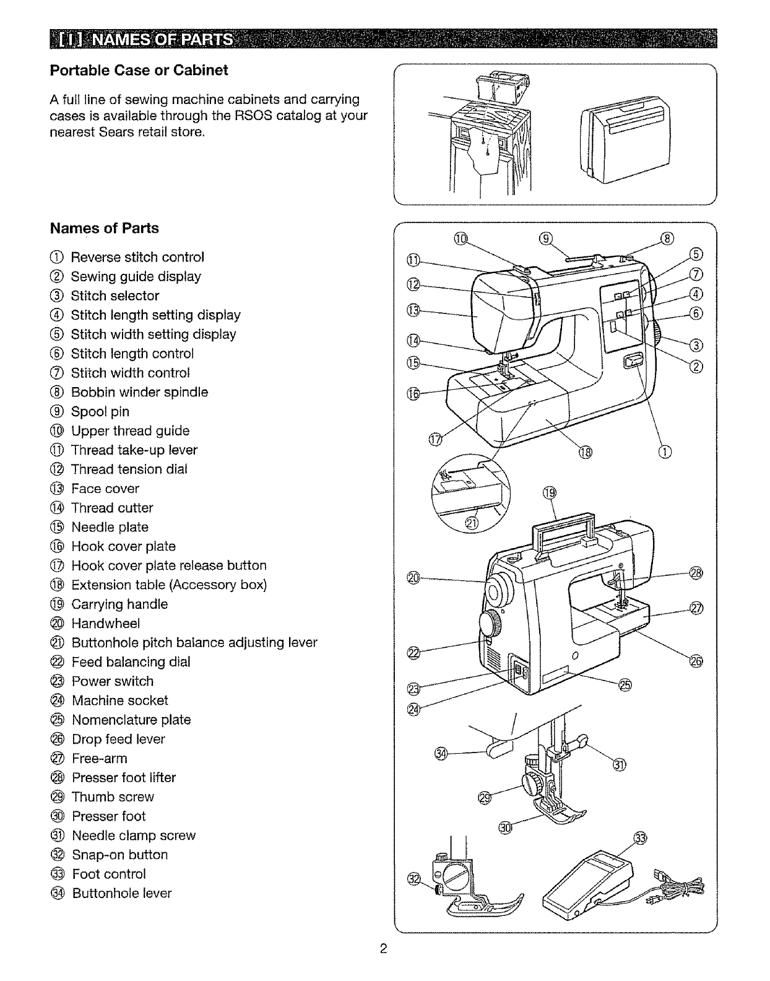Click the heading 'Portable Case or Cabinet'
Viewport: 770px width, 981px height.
point(139,71)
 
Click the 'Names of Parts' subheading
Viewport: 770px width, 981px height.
point(104,229)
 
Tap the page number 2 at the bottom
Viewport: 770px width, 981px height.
point(384,948)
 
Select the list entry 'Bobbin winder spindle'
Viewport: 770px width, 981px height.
point(139,392)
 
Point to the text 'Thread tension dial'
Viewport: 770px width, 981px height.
point(129,469)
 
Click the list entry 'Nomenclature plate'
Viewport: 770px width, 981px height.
point(131,720)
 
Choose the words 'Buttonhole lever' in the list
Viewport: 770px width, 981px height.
point(122,893)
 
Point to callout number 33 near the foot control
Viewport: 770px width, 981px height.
point(641,839)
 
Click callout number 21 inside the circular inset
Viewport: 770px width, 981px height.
point(472,524)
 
